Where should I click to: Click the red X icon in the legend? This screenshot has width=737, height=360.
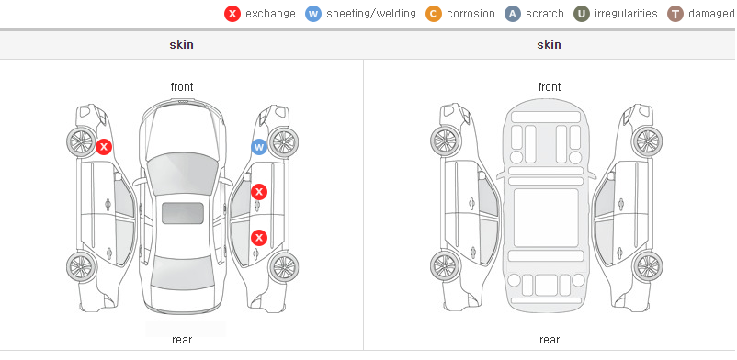(x=232, y=14)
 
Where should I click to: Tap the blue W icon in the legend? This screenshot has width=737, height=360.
(x=313, y=14)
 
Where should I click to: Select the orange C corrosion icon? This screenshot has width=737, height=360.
(x=434, y=14)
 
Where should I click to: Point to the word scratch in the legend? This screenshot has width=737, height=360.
(x=545, y=14)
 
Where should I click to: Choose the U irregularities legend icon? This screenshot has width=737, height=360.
(x=582, y=14)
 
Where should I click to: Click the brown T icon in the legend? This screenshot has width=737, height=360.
(x=675, y=14)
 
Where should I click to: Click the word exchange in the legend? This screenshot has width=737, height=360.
(x=270, y=14)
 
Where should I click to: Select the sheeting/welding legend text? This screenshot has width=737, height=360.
(x=371, y=14)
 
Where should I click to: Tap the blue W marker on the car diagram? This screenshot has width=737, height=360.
(x=259, y=148)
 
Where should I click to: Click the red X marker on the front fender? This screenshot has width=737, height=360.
(x=104, y=147)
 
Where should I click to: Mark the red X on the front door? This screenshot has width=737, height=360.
(x=259, y=192)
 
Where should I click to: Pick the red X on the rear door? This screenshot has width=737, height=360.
(x=259, y=238)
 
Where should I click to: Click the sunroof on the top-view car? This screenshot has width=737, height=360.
(x=183, y=213)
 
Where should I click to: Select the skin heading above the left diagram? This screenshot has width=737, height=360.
(x=181, y=45)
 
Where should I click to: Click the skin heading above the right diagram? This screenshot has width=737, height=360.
(x=549, y=45)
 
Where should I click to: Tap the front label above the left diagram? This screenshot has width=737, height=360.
(x=182, y=87)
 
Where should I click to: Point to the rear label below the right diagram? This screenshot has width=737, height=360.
(x=550, y=340)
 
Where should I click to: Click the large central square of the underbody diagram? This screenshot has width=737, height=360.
(x=546, y=218)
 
